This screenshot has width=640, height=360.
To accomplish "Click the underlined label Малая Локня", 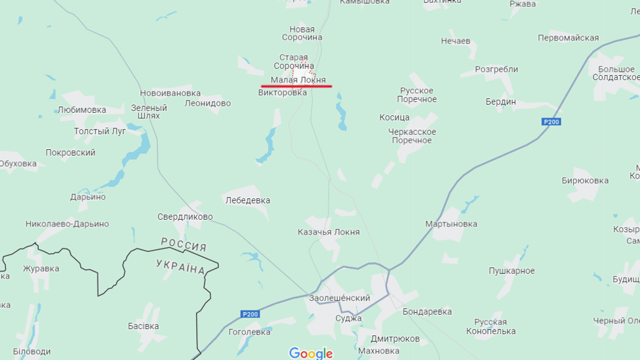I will [298, 79].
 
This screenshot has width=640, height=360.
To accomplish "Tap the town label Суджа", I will [348, 318].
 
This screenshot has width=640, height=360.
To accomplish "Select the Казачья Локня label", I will [328, 232].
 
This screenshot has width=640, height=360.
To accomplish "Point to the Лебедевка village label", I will [247, 201].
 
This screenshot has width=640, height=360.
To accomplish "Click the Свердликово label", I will [185, 217].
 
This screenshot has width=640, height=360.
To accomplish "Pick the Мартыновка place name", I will [451, 224].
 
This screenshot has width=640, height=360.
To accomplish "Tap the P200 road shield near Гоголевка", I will [250, 314].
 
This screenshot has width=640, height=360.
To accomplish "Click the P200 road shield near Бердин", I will [551, 122].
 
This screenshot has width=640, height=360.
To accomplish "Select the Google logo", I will [310, 353].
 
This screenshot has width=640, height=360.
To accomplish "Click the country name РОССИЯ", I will [184, 244].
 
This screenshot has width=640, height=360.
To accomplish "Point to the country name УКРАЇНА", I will [180, 266].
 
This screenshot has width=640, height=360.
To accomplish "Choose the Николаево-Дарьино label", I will [67, 224].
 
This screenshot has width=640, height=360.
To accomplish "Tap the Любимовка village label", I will [82, 110].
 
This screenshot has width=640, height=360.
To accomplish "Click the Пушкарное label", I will [512, 271].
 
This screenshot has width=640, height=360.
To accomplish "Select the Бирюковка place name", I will [585, 180].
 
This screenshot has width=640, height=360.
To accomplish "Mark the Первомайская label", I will [568, 38].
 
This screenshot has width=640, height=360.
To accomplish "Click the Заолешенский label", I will [339, 298].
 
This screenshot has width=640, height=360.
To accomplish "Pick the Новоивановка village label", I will [170, 93].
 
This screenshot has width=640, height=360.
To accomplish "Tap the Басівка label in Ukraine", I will [143, 326].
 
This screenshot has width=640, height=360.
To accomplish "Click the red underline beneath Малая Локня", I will [297, 87].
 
